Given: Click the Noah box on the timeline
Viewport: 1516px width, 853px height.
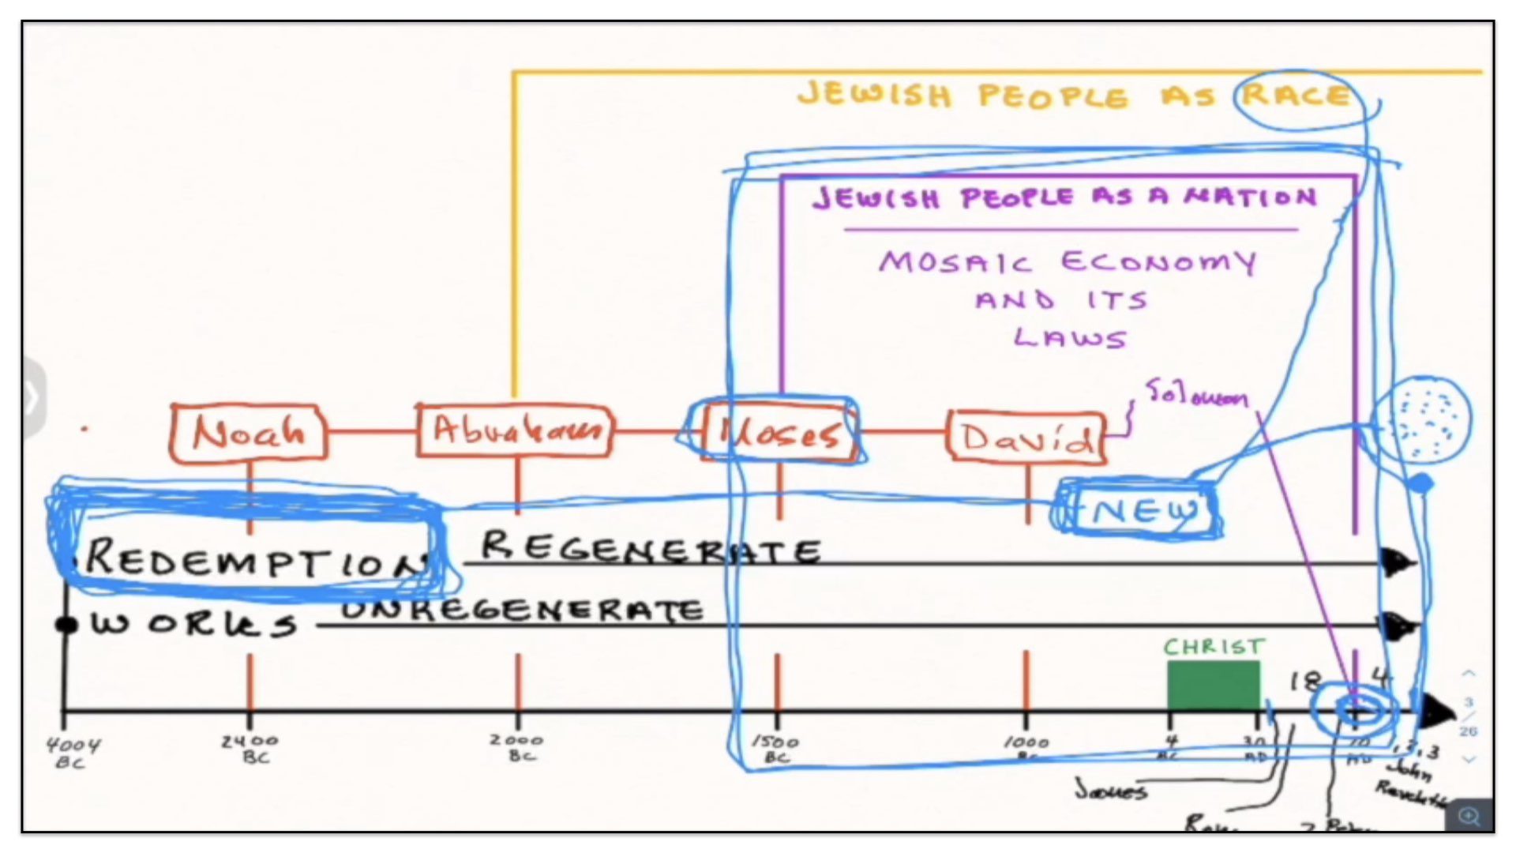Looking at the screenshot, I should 249,432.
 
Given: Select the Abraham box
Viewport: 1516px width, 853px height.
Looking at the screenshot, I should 515,430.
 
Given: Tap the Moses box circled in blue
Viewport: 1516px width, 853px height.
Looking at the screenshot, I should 778,433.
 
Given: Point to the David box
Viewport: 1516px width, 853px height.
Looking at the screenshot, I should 1026,436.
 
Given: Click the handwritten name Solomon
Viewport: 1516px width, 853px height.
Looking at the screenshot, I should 1196,393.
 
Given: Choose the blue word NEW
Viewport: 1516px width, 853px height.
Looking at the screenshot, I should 1145,511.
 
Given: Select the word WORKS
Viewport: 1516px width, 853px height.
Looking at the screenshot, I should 193,624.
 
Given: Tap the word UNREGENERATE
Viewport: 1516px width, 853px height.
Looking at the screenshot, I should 521,611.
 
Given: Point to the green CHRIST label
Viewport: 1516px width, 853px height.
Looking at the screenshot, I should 1214,648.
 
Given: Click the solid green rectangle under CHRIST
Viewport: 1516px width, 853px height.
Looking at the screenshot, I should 1214,686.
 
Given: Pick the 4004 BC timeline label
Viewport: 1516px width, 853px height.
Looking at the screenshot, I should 73,752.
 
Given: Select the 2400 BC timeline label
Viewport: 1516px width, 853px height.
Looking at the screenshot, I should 250,748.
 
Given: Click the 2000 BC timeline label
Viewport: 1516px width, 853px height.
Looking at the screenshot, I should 517,747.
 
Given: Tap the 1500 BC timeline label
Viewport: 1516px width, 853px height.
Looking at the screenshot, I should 775,749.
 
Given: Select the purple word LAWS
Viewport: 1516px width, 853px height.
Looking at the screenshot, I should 1071,338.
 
